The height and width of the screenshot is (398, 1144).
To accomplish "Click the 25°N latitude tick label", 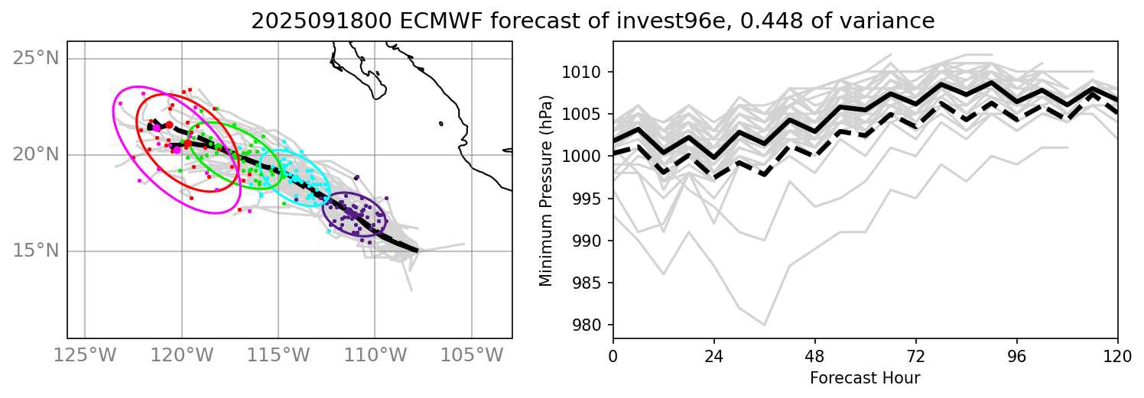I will [37, 59].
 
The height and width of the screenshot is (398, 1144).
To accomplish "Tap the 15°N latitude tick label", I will [37, 251].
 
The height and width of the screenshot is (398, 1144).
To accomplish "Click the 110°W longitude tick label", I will [375, 355].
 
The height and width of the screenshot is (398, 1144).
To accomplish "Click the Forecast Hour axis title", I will [865, 378].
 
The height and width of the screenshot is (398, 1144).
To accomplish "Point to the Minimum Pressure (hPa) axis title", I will [546, 190].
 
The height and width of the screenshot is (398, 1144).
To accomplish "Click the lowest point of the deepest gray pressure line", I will [764, 325].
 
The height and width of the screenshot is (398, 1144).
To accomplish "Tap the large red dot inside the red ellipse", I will [187, 143].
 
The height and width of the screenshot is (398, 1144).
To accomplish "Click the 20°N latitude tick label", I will [37, 155].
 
